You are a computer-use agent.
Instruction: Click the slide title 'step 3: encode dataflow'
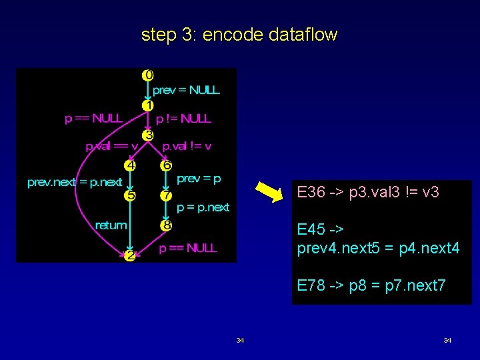239,35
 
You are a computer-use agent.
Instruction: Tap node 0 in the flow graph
147,75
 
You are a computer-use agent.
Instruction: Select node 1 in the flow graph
148,105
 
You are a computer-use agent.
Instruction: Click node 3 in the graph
148,135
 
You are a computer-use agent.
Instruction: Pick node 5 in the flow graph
165,165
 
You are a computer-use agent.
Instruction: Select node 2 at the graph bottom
130,255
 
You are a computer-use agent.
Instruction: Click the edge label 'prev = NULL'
186,90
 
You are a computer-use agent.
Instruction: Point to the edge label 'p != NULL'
183,119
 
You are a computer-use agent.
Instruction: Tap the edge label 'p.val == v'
111,146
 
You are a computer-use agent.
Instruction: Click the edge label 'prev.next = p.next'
75,182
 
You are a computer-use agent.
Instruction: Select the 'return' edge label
111,225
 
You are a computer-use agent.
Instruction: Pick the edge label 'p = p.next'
203,207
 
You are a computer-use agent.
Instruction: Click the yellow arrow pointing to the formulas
270,192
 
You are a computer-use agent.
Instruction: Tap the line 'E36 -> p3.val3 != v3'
368,193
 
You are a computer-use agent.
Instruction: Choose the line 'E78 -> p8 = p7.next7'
371,286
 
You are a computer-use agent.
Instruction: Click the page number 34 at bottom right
447,341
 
